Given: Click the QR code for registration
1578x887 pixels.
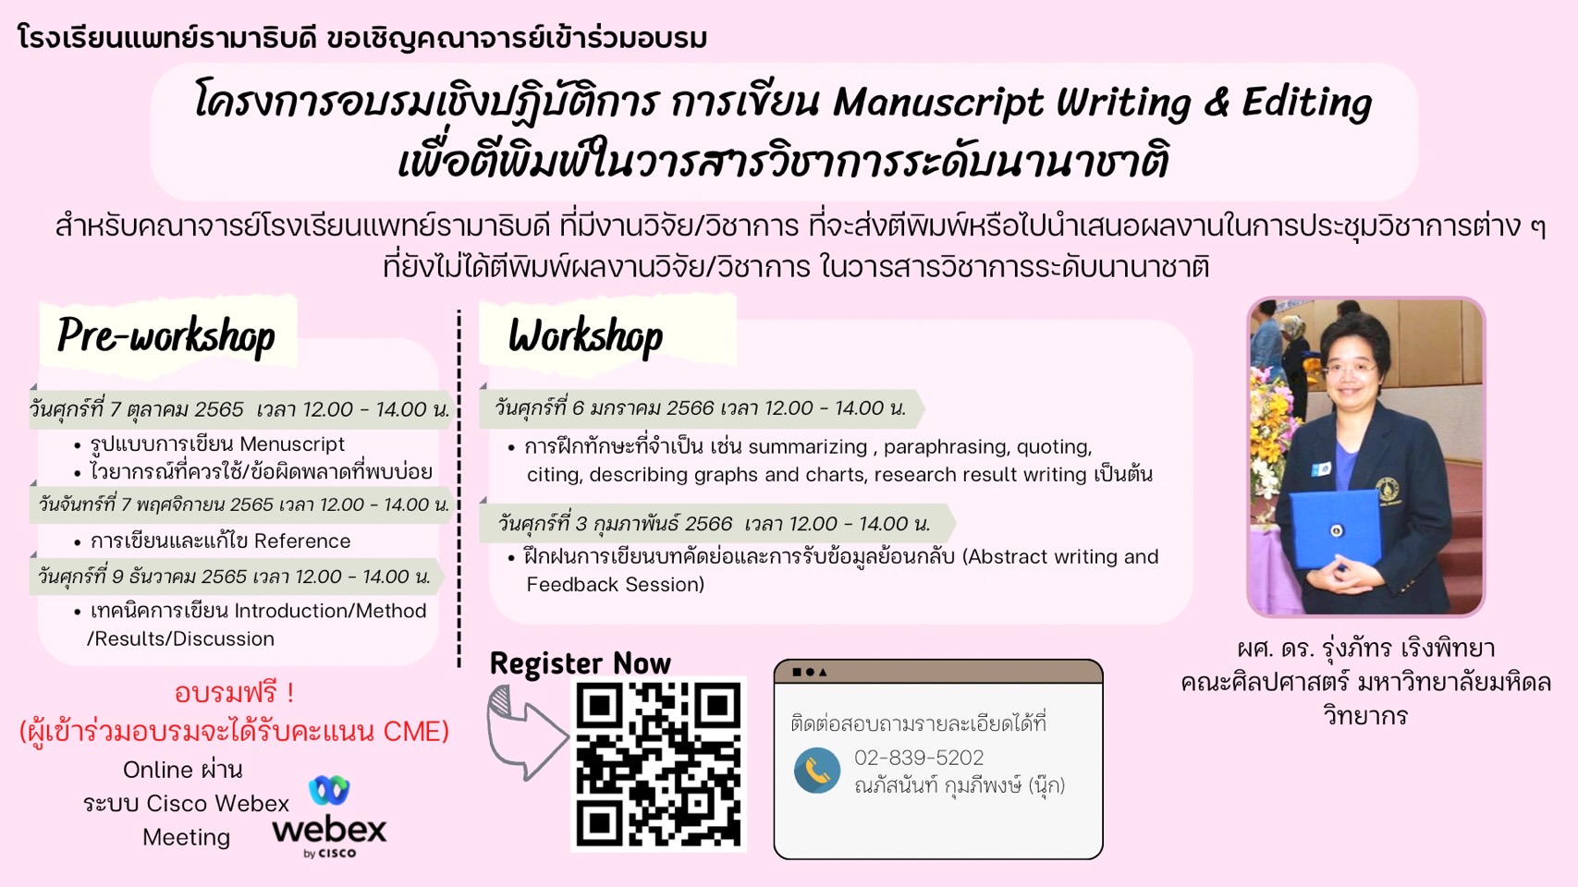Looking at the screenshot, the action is pyautogui.click(x=658, y=764).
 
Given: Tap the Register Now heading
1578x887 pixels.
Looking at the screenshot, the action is pyautogui.click(x=581, y=663).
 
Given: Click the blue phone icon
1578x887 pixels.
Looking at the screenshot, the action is pyautogui.click(x=817, y=771).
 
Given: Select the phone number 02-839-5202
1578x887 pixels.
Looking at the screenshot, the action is pyautogui.click(x=919, y=758).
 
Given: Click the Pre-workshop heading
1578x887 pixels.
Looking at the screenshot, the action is pyautogui.click(x=166, y=335).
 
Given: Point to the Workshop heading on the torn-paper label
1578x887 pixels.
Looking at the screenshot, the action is pyautogui.click(x=585, y=335).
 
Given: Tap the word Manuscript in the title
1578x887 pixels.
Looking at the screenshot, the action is pyautogui.click(x=937, y=103).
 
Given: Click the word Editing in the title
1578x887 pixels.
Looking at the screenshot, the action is pyautogui.click(x=1307, y=103).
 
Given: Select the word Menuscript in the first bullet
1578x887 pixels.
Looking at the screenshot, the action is pyautogui.click(x=292, y=444).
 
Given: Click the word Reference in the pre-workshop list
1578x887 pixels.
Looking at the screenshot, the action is pyautogui.click(x=302, y=541).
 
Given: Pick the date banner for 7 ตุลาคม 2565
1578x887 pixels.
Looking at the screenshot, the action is pyautogui.click(x=240, y=409).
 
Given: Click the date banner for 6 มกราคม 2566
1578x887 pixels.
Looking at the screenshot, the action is pyautogui.click(x=701, y=408).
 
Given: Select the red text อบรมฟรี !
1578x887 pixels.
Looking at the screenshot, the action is pyautogui.click(x=235, y=693).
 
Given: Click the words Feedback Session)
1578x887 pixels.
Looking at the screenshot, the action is pyautogui.click(x=615, y=584).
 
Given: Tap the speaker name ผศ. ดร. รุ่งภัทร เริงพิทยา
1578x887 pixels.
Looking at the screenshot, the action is pyautogui.click(x=1365, y=649).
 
